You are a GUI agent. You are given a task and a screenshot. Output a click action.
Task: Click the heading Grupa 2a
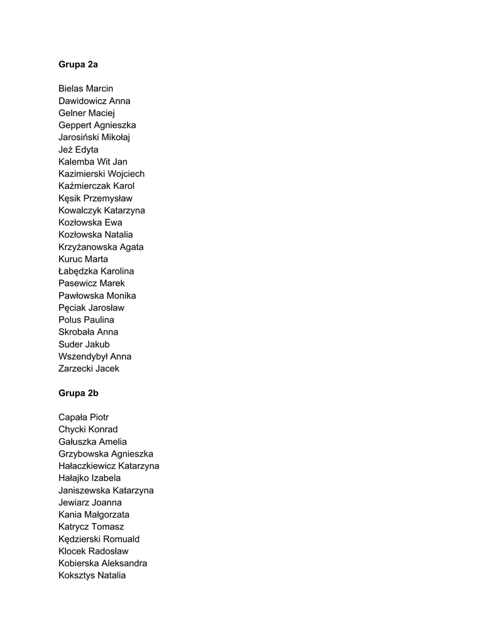tap(78, 64)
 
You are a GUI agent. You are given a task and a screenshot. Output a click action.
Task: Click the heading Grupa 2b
tap(79, 393)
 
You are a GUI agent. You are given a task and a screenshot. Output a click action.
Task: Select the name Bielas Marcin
tap(85, 89)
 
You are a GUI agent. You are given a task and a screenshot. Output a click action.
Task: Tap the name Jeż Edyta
tap(79, 149)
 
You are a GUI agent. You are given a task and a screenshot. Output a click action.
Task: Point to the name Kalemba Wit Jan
tap(92, 162)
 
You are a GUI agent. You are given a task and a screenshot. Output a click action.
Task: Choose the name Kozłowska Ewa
tap(90, 223)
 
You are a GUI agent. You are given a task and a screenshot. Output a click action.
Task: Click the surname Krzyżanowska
tap(87, 247)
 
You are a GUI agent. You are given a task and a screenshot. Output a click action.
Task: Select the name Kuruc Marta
tap(83, 259)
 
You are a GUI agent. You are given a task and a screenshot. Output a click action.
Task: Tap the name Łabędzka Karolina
tap(96, 271)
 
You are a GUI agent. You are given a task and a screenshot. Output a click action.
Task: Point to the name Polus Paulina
tap(86, 320)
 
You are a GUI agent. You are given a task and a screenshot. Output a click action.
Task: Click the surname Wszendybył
tap(83, 357)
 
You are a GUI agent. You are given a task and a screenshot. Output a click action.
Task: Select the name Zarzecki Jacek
tap(89, 369)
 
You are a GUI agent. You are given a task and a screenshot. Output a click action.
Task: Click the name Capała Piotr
tap(84, 418)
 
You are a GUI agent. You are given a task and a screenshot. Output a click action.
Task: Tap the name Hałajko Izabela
tap(89, 478)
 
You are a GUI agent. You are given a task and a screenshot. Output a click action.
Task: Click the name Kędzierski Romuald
tap(99, 539)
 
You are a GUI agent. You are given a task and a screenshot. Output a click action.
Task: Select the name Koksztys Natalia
tap(92, 576)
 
